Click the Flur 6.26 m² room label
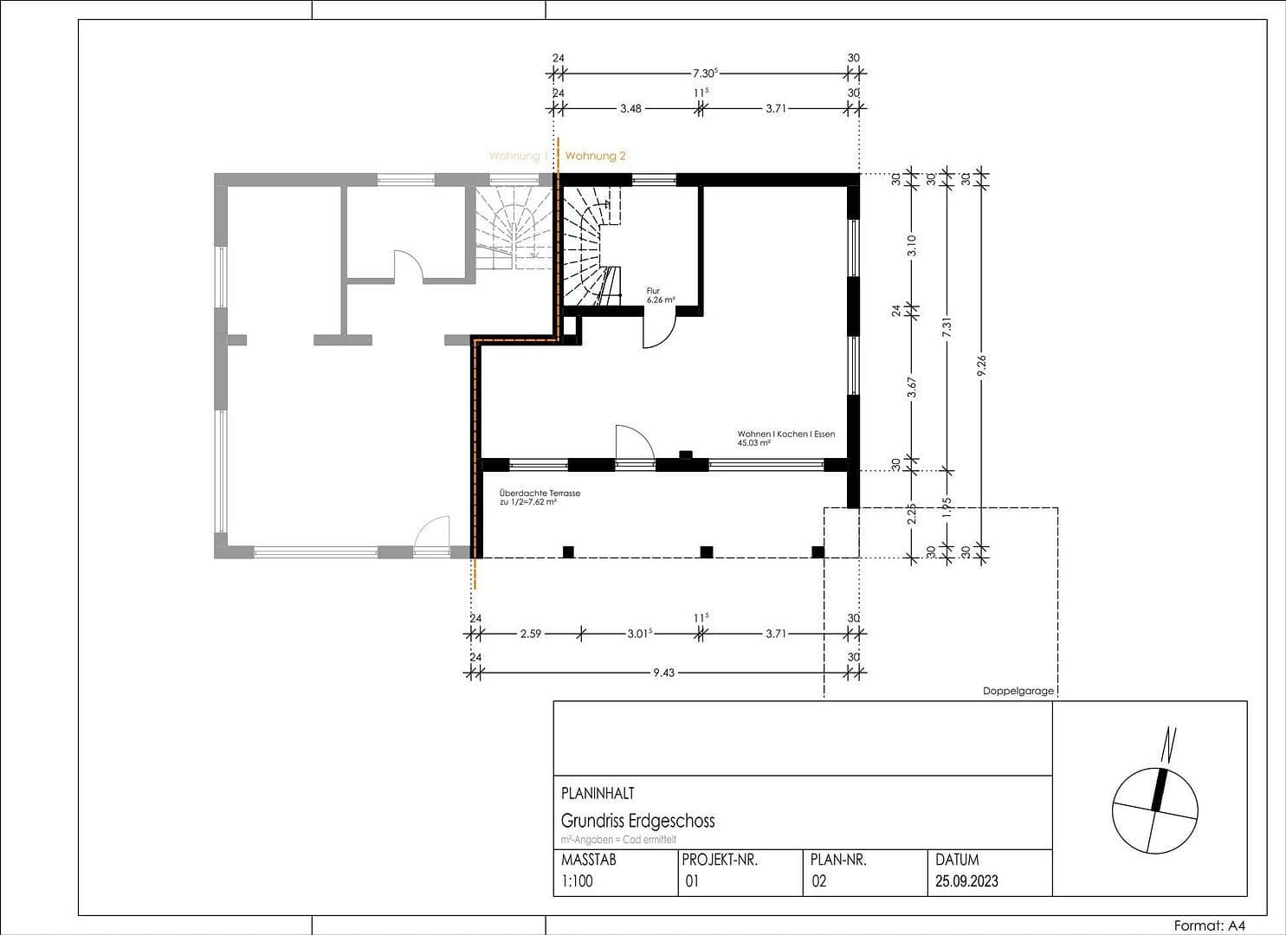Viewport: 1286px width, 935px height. tap(660, 296)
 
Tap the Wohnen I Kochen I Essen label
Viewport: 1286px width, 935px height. tap(785, 438)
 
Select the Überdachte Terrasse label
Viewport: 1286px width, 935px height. tap(539, 497)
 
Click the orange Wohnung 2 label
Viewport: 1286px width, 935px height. tap(595, 156)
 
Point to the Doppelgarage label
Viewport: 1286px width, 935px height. tap(1018, 691)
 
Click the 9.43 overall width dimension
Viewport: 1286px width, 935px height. tap(663, 673)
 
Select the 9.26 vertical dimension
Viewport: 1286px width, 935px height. tap(981, 367)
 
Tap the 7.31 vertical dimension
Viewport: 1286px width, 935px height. tap(947, 327)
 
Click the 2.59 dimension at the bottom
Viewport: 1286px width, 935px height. tap(530, 634)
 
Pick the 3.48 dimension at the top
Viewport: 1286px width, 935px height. tap(630, 109)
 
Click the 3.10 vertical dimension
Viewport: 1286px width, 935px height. tap(911, 246)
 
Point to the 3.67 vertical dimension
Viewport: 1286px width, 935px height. tap(911, 387)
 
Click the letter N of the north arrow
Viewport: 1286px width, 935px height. tap(1170, 741)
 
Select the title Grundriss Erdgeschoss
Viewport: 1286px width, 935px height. tap(637, 821)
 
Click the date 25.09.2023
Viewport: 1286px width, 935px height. tap(966, 881)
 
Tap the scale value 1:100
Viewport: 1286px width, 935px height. tap(577, 881)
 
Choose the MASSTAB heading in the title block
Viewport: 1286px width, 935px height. tap(589, 861)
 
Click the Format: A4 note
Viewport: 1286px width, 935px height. tap(1210, 925)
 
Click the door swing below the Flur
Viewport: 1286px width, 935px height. tap(658, 331)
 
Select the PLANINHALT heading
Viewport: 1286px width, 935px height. tap(598, 793)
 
